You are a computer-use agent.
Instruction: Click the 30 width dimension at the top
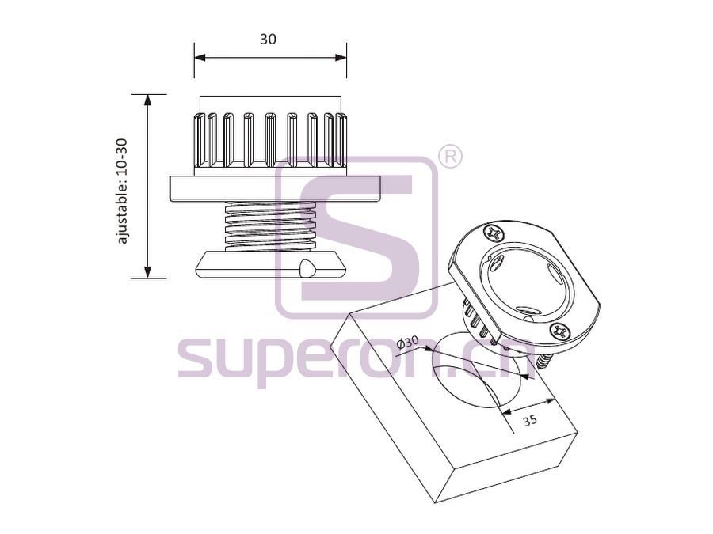pyautogui.click(x=268, y=40)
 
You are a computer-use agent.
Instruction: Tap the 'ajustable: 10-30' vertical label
pyautogui.click(x=122, y=191)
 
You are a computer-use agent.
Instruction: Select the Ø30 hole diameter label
pyautogui.click(x=407, y=343)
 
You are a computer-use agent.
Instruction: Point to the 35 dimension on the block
pyautogui.click(x=529, y=420)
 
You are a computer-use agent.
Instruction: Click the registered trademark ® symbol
pyautogui.click(x=450, y=157)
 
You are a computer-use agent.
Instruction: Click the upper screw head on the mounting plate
pyautogui.click(x=494, y=234)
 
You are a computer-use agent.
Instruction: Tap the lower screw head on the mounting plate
pyautogui.click(x=560, y=331)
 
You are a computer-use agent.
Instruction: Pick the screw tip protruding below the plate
pyautogui.click(x=543, y=362)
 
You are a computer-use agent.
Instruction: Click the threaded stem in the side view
pyautogui.click(x=270, y=225)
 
